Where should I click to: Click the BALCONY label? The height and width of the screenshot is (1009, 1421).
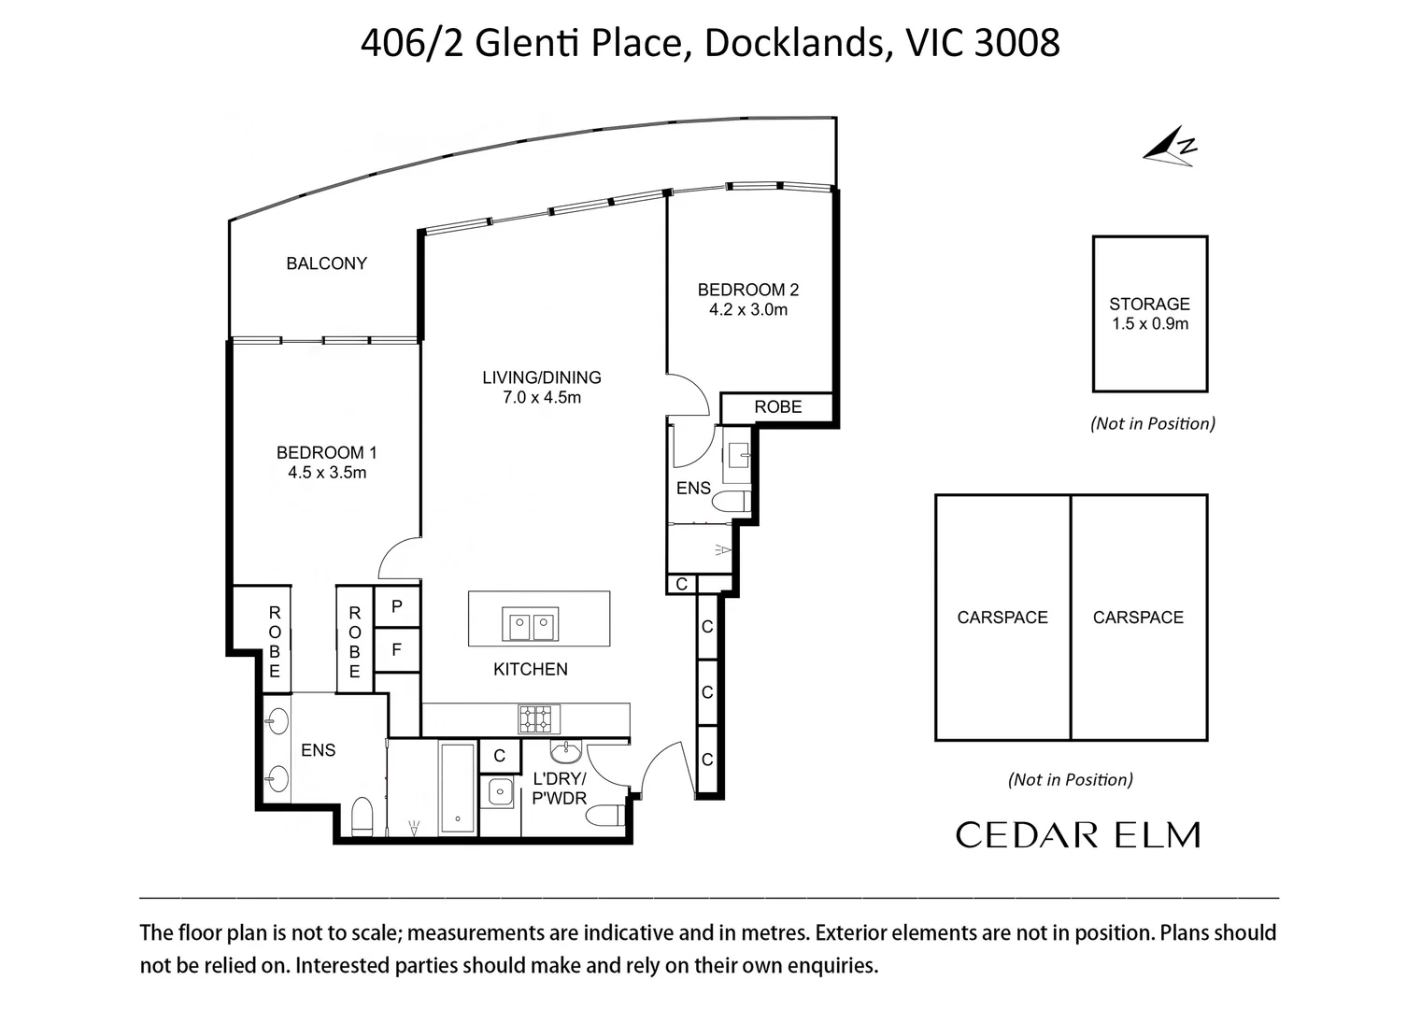click(x=327, y=263)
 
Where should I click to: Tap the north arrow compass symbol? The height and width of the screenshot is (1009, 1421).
click(x=1169, y=147)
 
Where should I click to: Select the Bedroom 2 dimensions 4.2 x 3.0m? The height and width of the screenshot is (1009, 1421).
click(x=748, y=309)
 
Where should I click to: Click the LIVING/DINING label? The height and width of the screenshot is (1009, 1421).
click(x=542, y=377)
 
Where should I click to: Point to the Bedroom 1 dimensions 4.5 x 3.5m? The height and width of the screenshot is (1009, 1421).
click(x=327, y=473)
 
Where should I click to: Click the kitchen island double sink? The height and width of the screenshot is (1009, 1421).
click(x=531, y=624)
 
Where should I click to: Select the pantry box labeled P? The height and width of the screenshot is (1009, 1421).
click(x=397, y=607)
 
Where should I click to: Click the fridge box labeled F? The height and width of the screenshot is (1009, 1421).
click(x=397, y=649)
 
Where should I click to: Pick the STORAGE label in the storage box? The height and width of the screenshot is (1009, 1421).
click(x=1149, y=304)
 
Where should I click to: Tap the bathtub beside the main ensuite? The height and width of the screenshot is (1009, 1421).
click(x=458, y=787)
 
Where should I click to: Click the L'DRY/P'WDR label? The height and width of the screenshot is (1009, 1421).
click(x=560, y=789)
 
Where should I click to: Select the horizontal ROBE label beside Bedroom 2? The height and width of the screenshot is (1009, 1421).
click(x=777, y=407)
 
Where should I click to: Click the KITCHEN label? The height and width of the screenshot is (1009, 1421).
click(x=531, y=669)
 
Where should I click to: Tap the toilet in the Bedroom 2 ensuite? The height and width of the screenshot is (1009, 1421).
click(x=732, y=502)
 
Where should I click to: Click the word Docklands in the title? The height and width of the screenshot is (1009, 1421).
click(x=794, y=43)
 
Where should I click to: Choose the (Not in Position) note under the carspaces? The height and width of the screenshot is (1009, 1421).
click(x=1071, y=779)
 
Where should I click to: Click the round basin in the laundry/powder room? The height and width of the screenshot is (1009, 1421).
click(x=566, y=752)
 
